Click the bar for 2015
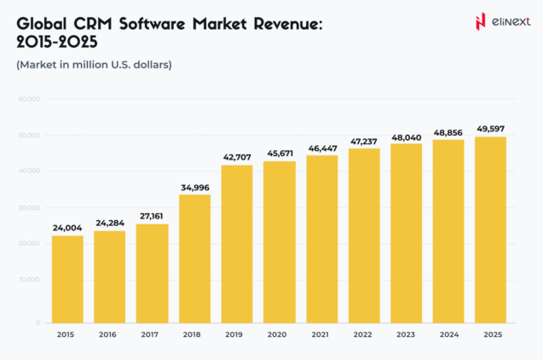click(x=67, y=279)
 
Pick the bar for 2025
click(x=491, y=229)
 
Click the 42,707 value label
click(x=237, y=157)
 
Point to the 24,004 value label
click(x=67, y=228)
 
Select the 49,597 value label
click(x=491, y=129)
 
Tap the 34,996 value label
click(x=194, y=187)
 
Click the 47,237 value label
click(x=364, y=141)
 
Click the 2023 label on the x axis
click(x=407, y=334)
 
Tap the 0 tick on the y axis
click(x=38, y=323)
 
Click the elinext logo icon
click(x=481, y=20)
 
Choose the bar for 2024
click(x=449, y=231)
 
